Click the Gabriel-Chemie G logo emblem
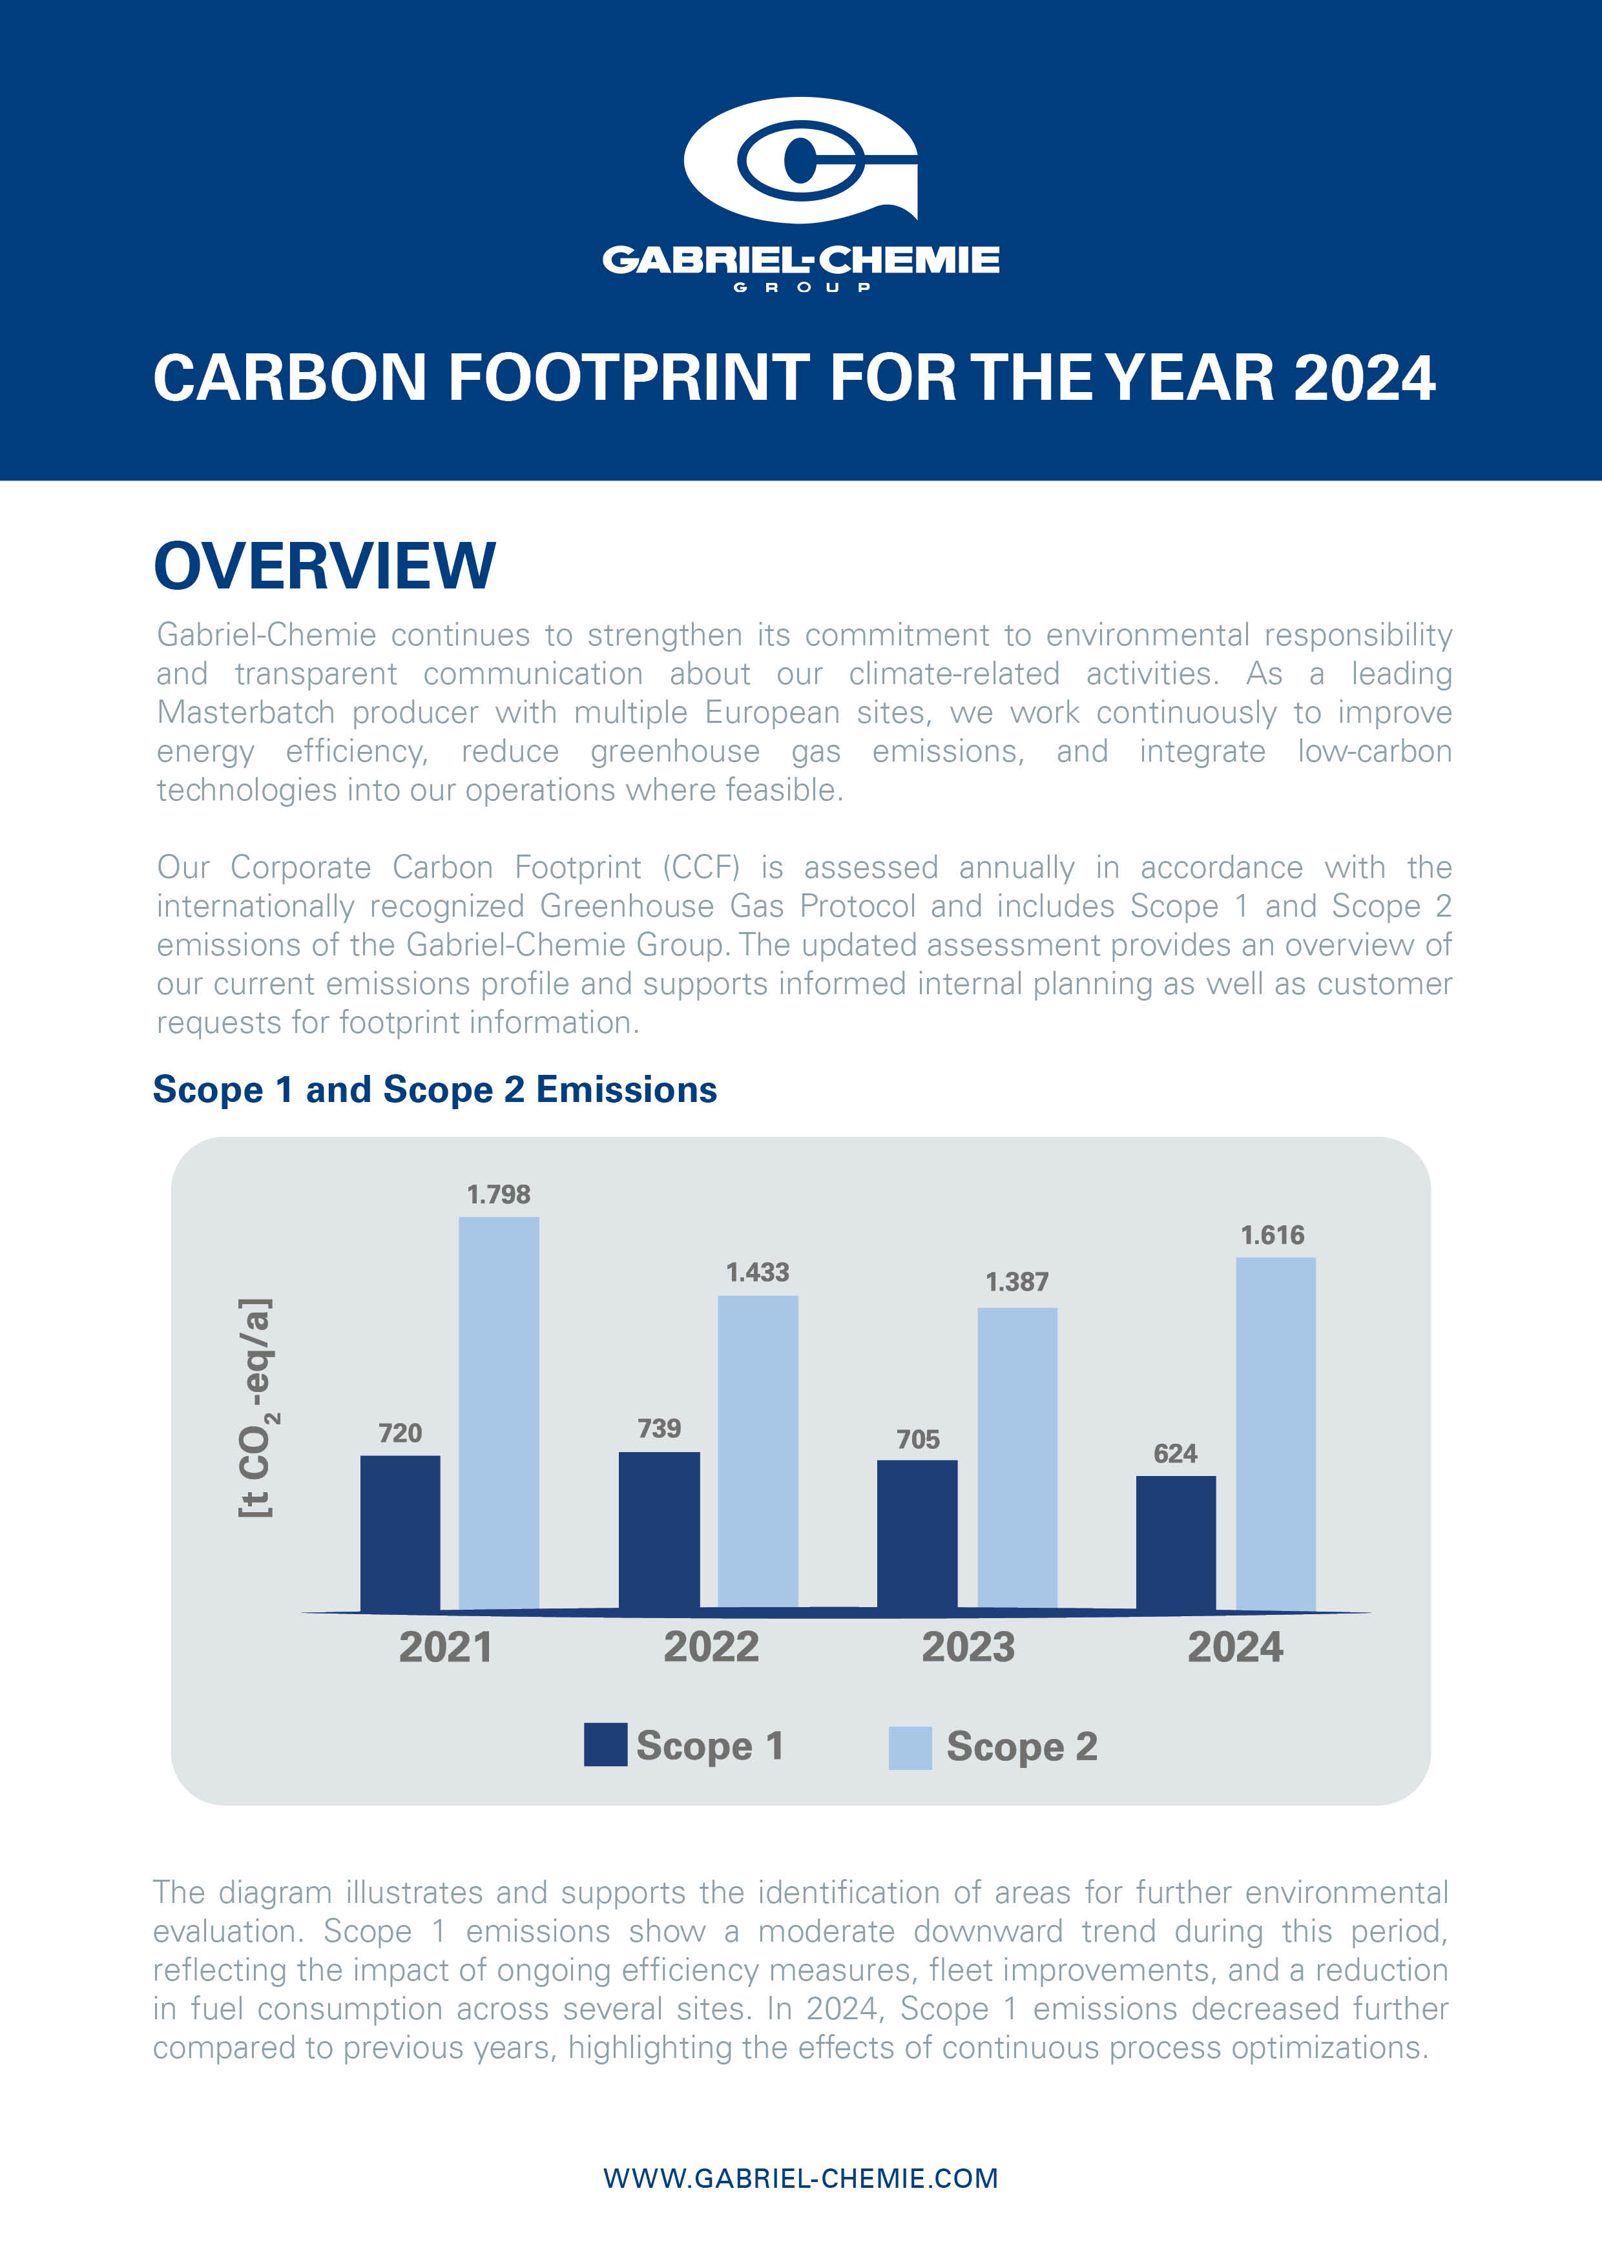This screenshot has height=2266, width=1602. click(x=800, y=160)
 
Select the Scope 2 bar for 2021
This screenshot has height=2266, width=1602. click(x=499, y=1412)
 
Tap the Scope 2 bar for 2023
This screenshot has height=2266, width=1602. click(x=1017, y=1458)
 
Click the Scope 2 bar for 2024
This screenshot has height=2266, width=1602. click(x=1275, y=1433)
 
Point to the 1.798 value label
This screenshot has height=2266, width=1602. click(x=499, y=1194)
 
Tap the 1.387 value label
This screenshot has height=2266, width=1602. click(x=1017, y=1282)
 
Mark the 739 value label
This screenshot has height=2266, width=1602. click(x=658, y=1428)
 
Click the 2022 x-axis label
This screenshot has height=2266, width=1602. click(x=711, y=1647)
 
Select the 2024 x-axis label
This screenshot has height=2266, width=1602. click(x=1235, y=1647)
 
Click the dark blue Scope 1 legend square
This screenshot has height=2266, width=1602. click(x=605, y=1745)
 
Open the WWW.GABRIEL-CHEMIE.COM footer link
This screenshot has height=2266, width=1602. click(x=800, y=2178)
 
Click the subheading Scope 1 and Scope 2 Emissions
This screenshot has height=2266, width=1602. click(x=434, y=1090)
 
